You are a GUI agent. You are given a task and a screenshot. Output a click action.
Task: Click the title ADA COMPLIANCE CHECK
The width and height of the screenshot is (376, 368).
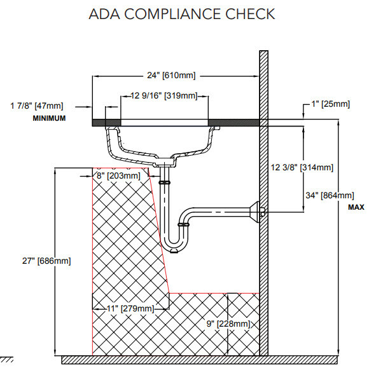click(182, 14)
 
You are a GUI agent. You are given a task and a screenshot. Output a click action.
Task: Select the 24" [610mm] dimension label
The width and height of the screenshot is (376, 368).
click(171, 75)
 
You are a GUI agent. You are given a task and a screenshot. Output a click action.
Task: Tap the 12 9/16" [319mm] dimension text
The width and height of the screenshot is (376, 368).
click(164, 95)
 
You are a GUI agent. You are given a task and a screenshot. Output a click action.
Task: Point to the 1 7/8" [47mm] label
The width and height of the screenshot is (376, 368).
click(37, 106)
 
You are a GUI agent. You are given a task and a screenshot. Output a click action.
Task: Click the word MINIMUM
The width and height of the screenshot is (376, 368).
click(49, 118)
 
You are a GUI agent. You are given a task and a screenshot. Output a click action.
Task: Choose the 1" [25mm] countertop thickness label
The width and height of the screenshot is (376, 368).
click(330, 104)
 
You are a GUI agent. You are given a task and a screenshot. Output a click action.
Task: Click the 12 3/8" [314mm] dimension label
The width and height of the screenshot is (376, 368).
click(302, 167)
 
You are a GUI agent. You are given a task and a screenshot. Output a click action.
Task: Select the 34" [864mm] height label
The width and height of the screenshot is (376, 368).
click(330, 195)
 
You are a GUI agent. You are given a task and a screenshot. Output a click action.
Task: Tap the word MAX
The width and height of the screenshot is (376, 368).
click(356, 207)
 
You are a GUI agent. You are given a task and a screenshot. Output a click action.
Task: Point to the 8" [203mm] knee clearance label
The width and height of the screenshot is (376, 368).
click(118, 175)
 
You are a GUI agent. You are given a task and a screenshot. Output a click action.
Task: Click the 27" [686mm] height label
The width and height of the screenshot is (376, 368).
click(46, 261)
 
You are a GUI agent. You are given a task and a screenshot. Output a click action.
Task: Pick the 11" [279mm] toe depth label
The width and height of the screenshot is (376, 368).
click(130, 308)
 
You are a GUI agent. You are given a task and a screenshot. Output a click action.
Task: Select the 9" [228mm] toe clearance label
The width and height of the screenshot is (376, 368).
click(228, 324)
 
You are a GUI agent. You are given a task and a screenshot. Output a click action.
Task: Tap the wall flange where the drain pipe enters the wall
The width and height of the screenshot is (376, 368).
click(255, 212)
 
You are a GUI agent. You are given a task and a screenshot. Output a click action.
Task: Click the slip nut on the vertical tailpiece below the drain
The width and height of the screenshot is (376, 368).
click(165, 182)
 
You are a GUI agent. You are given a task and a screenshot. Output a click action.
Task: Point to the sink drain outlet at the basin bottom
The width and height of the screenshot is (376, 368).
click(165, 161)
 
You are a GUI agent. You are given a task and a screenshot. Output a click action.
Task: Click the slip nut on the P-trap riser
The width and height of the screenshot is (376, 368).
click(184, 225)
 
